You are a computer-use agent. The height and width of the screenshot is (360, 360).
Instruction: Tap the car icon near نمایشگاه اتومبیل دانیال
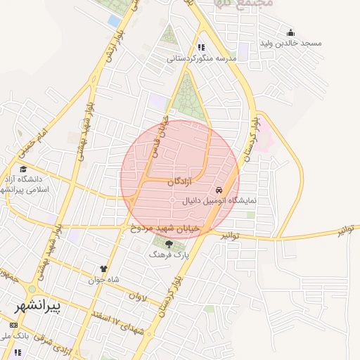(219, 191)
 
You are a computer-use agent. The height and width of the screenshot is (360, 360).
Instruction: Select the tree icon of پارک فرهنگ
(168, 244)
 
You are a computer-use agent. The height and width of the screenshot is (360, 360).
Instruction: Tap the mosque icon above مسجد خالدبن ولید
(290, 33)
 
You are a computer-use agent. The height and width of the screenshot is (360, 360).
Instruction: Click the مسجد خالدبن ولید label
(290, 44)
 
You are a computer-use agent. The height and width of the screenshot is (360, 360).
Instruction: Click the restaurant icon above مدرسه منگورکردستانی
(202, 48)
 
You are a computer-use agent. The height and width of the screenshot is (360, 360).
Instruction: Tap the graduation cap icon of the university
(23, 169)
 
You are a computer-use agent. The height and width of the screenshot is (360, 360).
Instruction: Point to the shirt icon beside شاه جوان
(104, 268)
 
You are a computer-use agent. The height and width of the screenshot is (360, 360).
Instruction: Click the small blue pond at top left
(114, 21)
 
